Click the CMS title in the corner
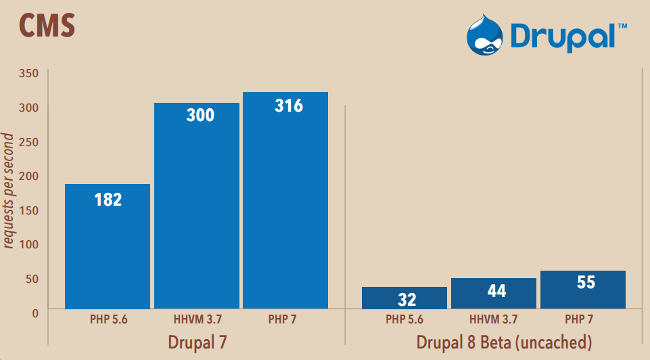[x=47, y=25]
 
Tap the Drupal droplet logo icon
[x=485, y=36]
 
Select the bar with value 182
[x=108, y=246]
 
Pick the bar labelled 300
[x=197, y=206]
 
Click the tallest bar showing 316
[x=285, y=200]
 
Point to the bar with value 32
[x=404, y=298]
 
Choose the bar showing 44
[x=494, y=293]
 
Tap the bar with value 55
[x=582, y=290]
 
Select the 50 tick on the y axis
[x=32, y=278]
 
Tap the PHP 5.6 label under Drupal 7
[x=108, y=319]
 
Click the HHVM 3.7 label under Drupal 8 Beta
[x=494, y=319]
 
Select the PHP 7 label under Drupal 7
[x=285, y=319]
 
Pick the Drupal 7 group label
[x=197, y=342]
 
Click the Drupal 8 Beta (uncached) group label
[x=504, y=342]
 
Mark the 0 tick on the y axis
[x=34, y=313]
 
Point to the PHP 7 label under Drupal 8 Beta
[x=582, y=319]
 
